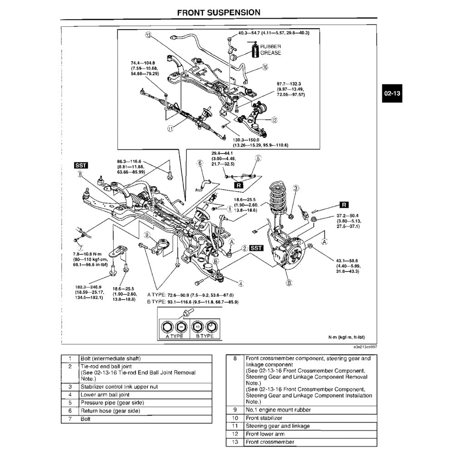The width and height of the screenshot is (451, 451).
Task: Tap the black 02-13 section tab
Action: pyautogui.click(x=392, y=94)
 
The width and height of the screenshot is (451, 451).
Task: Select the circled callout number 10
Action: pyautogui.click(x=266, y=67)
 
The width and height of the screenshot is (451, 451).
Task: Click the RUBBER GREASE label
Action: pyautogui.click(x=271, y=50)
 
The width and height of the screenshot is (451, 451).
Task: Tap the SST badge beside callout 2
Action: pyautogui.click(x=257, y=248)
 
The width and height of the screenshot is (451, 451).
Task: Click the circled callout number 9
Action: pyautogui.click(x=146, y=235)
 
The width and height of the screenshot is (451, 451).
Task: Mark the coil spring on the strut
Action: pyautogui.click(x=276, y=200)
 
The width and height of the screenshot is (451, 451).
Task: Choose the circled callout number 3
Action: pyautogui.click(x=296, y=188)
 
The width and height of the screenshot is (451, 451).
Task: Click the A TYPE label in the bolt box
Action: pyautogui.click(x=174, y=336)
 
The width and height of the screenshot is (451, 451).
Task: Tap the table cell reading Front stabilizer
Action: pyautogui.click(x=264, y=418)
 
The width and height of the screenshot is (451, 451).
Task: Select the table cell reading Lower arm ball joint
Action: pyautogui.click(x=105, y=395)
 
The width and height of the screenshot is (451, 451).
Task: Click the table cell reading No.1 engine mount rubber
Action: pyautogui.click(x=278, y=410)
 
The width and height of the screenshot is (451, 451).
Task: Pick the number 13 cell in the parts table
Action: pyautogui.click(x=235, y=442)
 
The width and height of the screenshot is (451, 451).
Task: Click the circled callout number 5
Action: pyautogui.click(x=258, y=159)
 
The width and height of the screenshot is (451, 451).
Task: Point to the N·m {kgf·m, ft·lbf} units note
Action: pyautogui.click(x=346, y=337)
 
